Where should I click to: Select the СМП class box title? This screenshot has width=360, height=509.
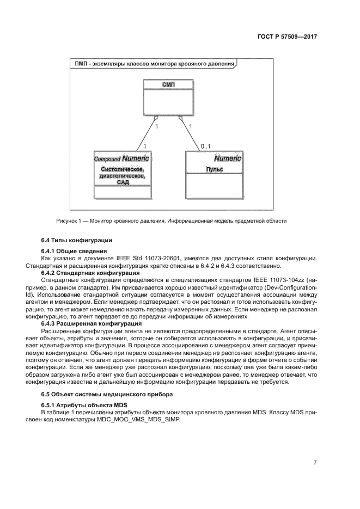[168, 84]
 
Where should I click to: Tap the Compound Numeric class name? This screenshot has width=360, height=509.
[121, 158]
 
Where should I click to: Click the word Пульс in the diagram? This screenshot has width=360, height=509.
[214, 169]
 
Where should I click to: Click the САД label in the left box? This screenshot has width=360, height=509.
[122, 182]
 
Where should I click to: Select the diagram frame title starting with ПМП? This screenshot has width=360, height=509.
[155, 64]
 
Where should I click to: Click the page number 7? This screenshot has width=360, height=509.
[315, 463]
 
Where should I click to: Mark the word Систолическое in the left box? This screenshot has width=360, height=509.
[122, 169]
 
